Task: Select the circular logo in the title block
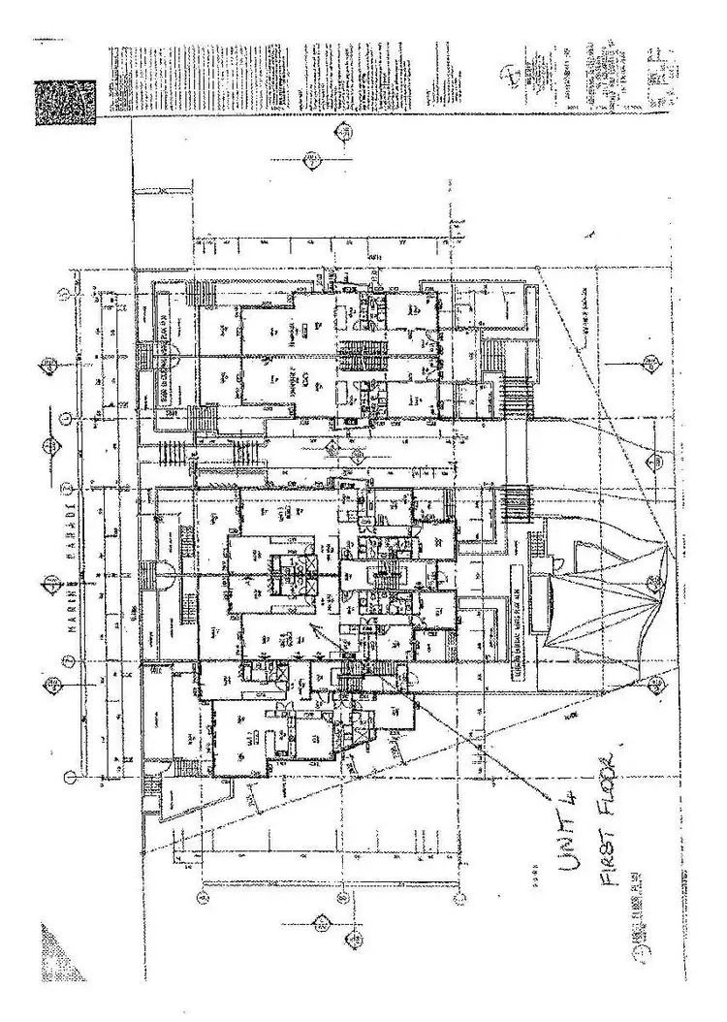[x=510, y=78]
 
